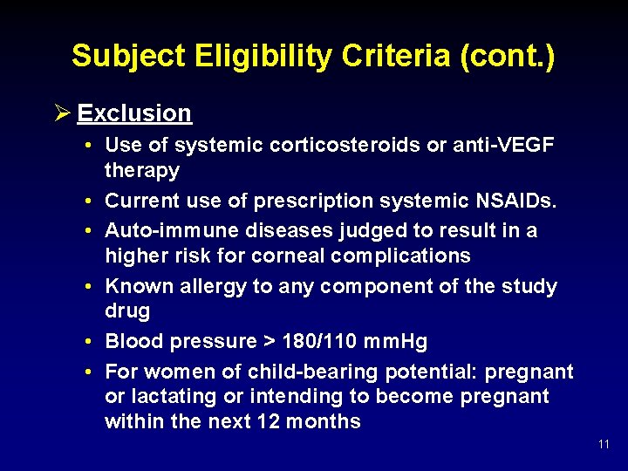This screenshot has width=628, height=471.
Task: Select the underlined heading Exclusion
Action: (134, 113)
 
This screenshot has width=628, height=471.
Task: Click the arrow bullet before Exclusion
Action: (62, 113)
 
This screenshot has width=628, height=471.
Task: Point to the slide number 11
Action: (604, 445)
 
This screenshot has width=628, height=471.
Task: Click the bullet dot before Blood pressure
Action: (90, 342)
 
